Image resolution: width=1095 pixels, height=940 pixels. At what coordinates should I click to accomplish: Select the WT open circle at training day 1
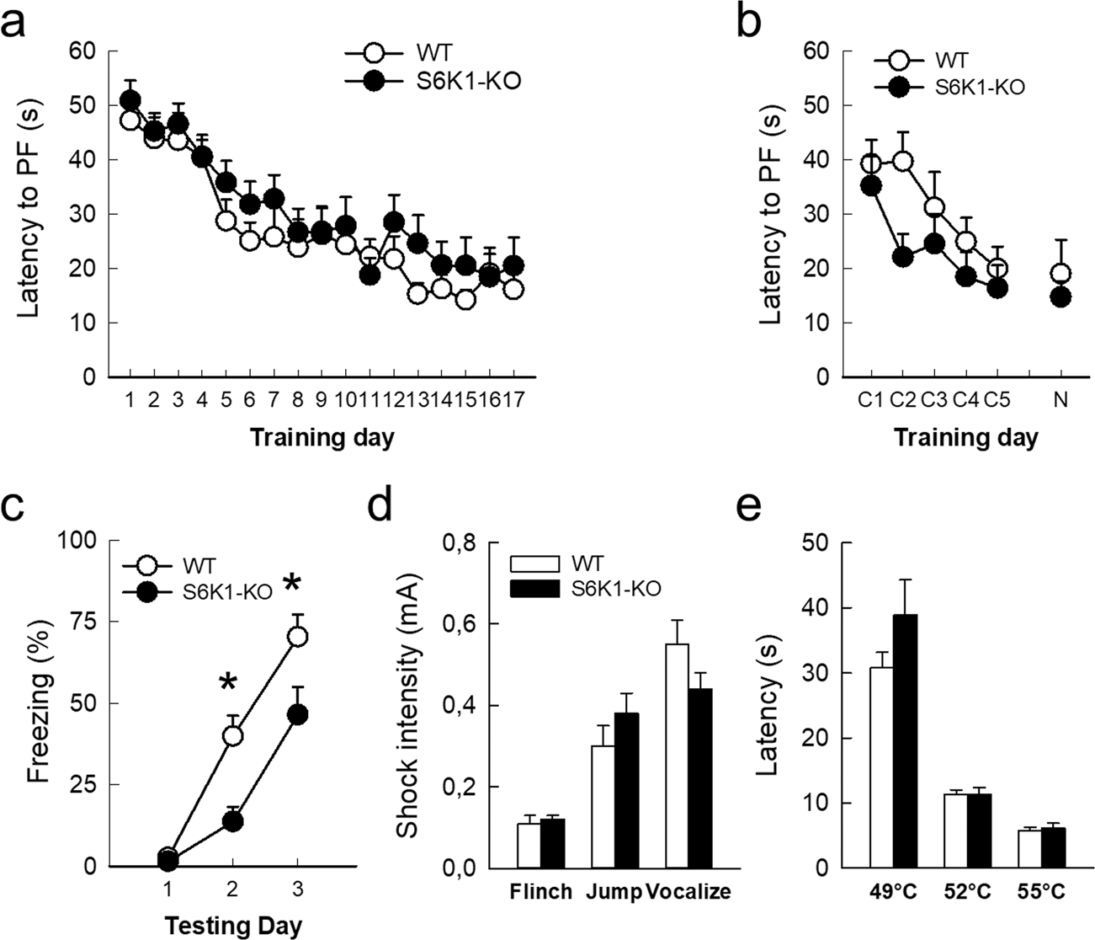coord(130,120)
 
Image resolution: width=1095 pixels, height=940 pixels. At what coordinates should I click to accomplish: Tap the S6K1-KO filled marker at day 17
coord(514,266)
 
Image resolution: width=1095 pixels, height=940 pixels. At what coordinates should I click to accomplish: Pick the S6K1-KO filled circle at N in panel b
coord(1060,297)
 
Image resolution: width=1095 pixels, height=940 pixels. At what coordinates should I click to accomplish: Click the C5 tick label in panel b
coord(997,400)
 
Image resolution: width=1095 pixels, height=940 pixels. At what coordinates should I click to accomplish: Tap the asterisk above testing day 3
coord(291,584)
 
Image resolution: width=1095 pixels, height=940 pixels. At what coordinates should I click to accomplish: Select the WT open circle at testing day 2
coord(232,736)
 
